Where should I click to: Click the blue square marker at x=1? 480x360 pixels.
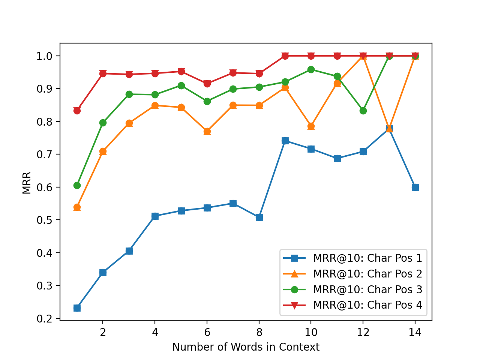click(x=77, y=308)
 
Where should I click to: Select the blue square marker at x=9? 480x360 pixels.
click(x=285, y=141)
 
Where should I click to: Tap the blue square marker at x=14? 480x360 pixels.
click(x=415, y=187)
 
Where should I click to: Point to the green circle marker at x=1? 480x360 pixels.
click(x=77, y=185)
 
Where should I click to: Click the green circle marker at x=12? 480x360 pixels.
click(x=363, y=111)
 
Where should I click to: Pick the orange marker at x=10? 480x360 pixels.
click(x=311, y=126)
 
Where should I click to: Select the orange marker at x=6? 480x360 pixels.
click(x=207, y=131)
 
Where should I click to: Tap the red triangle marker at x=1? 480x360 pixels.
click(x=77, y=111)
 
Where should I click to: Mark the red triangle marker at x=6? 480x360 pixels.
click(x=207, y=84)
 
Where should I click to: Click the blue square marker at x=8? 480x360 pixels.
click(x=259, y=217)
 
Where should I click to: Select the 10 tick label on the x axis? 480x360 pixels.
click(x=311, y=332)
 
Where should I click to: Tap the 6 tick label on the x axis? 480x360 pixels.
click(x=207, y=332)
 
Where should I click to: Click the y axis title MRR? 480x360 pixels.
click(x=27, y=183)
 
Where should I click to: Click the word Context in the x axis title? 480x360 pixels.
click(x=300, y=347)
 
